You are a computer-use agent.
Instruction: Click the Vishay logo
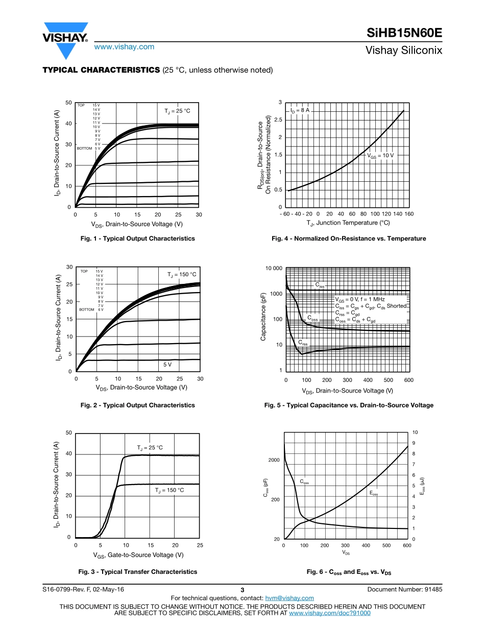pyautogui.click(x=65, y=38)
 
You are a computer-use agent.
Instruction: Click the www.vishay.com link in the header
pyautogui.click(x=124, y=46)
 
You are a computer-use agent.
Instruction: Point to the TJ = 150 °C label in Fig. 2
pyautogui.click(x=182, y=275)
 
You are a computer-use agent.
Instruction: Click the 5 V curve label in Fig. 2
pyautogui.click(x=167, y=365)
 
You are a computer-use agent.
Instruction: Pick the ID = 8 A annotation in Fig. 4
pyautogui.click(x=300, y=110)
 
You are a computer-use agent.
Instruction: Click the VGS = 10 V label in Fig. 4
pyautogui.click(x=381, y=155)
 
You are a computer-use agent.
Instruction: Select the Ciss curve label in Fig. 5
pyautogui.click(x=319, y=285)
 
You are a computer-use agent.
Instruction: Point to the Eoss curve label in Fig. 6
pyautogui.click(x=374, y=494)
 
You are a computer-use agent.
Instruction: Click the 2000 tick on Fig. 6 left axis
pyautogui.click(x=274, y=460)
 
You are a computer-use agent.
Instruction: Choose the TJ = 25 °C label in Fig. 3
pyautogui.click(x=150, y=448)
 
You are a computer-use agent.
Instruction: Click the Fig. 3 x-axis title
pyautogui.click(x=138, y=555)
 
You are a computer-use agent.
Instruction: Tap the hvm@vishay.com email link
pyautogui.click(x=290, y=598)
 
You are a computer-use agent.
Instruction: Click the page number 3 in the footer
pyautogui.click(x=243, y=590)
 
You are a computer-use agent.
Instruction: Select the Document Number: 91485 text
pyautogui.click(x=404, y=589)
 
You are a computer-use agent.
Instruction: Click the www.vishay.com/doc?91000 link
pyautogui.click(x=329, y=613)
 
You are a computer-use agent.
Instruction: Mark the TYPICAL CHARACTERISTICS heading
pyautogui.click(x=101, y=70)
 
